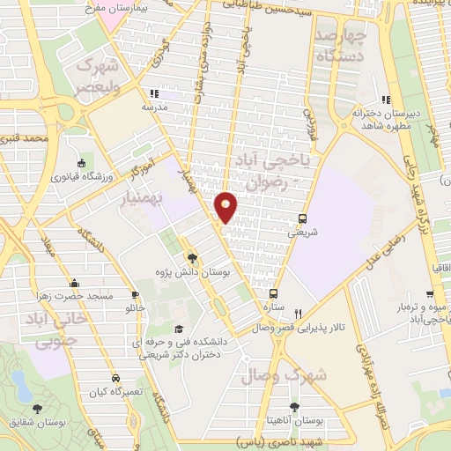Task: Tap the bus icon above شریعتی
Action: [x=303, y=218]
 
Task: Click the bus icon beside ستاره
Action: [x=273, y=293]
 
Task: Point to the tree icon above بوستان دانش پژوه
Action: [x=193, y=258]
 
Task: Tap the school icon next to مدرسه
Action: [x=155, y=93]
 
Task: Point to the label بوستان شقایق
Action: [x=36, y=423]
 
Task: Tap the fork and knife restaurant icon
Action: [x=299, y=314]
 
